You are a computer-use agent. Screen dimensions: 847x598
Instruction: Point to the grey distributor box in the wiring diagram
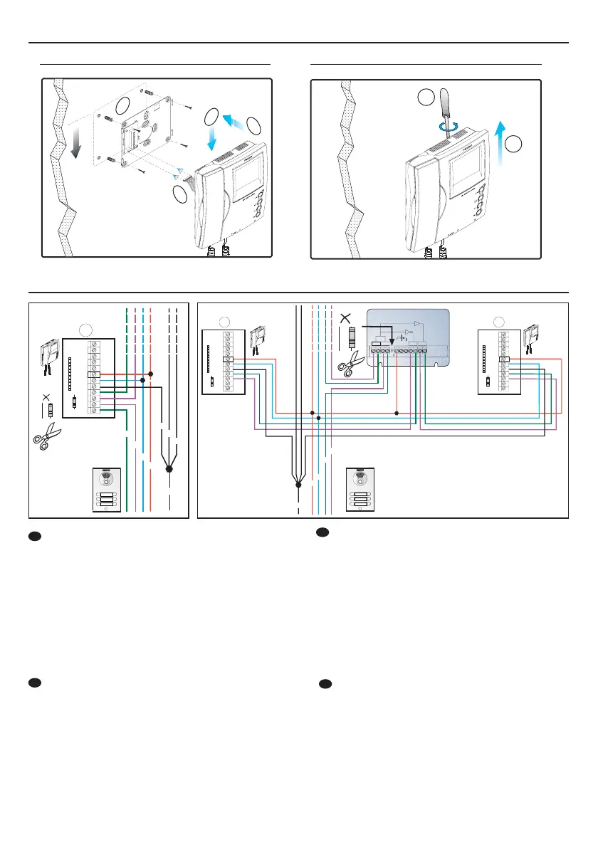(x=407, y=339)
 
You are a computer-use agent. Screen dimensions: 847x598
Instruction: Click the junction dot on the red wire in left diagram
(x=151, y=373)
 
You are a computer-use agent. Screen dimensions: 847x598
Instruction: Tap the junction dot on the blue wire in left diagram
(x=143, y=381)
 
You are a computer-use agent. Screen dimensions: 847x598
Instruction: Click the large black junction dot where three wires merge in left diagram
(x=169, y=470)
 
